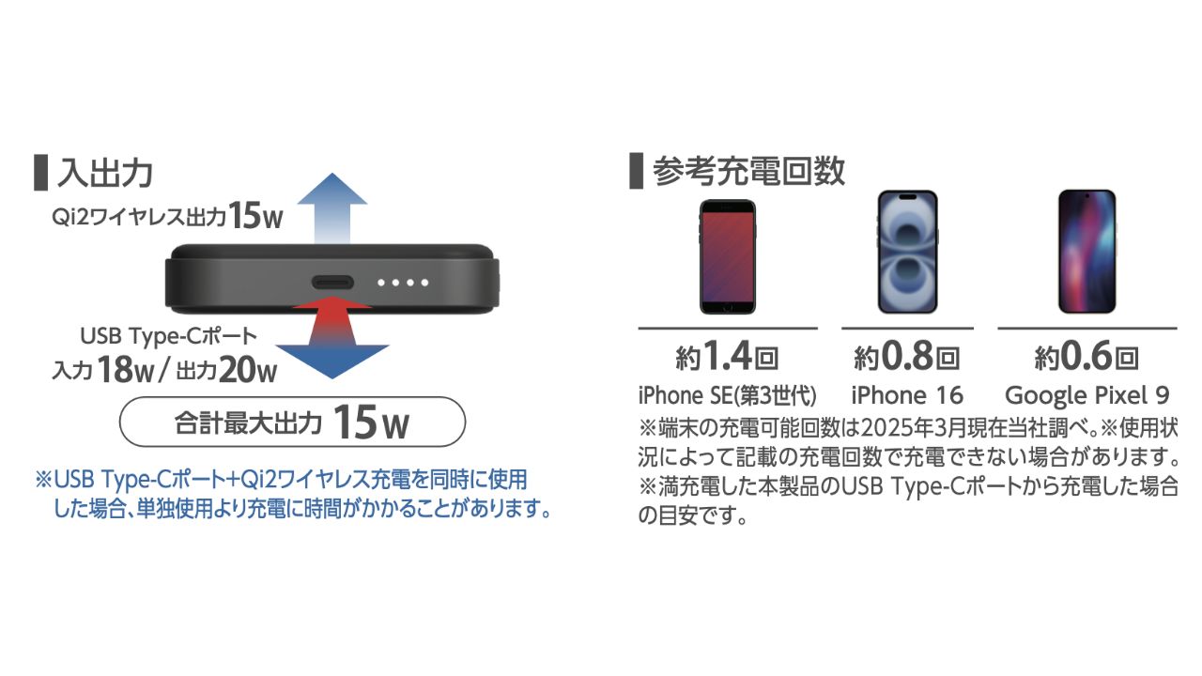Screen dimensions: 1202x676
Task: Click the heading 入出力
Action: (105, 173)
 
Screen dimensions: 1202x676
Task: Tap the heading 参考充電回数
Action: (748, 171)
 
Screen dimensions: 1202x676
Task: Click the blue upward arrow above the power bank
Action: (332, 208)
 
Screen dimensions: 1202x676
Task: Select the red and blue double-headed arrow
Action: (332, 337)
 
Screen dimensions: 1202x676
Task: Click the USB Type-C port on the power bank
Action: (332, 283)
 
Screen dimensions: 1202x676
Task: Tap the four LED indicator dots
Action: (403, 283)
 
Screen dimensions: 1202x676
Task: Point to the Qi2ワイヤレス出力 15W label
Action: (167, 216)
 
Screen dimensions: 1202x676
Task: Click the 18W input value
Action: (126, 370)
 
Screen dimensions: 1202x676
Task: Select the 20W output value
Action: (249, 370)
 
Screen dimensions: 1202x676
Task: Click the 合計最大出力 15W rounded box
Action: (292, 422)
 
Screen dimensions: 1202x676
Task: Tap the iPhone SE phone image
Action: (728, 256)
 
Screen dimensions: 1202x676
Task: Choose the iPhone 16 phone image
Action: (907, 252)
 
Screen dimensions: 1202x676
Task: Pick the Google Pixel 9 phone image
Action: (1087, 251)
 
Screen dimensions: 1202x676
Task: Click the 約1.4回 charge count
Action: (727, 356)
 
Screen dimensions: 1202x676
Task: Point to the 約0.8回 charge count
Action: (907, 356)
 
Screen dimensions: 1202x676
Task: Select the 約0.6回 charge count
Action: (1086, 356)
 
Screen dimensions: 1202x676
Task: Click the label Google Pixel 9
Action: (1087, 396)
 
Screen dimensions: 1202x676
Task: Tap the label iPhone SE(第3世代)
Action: (728, 396)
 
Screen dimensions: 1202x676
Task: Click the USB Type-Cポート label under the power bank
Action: (168, 336)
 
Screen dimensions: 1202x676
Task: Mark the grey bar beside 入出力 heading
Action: (40, 173)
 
